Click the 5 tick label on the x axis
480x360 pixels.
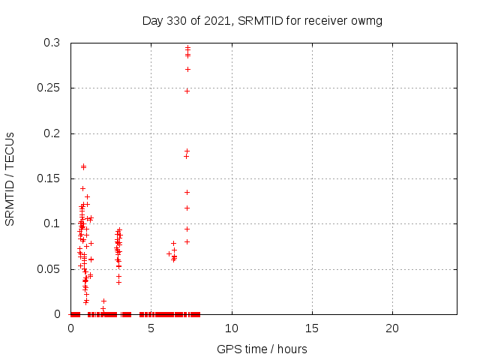(x=151, y=328)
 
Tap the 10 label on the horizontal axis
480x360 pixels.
(x=232, y=328)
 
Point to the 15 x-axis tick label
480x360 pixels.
(x=312, y=328)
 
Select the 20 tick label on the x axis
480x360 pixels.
(x=392, y=328)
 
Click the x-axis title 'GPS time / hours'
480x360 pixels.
(x=262, y=349)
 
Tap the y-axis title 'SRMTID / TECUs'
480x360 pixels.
(x=10, y=178)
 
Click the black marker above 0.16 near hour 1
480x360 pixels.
(x=83, y=166)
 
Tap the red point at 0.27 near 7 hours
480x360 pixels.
(x=187, y=69)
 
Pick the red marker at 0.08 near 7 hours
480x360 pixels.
(x=187, y=241)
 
